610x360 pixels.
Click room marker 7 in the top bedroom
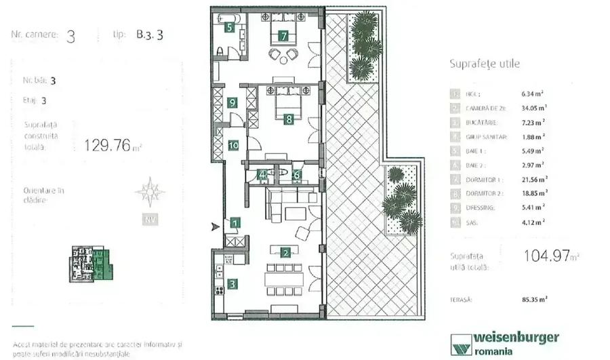(x=283, y=35)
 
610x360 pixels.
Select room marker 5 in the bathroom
(x=230, y=28)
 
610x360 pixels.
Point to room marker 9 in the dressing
(x=232, y=103)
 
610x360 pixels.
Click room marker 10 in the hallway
(x=232, y=144)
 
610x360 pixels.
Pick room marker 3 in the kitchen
(x=232, y=285)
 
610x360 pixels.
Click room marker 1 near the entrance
(x=235, y=222)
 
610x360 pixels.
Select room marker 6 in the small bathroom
(x=296, y=174)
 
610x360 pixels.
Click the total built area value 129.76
(x=106, y=144)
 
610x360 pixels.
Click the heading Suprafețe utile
(x=485, y=64)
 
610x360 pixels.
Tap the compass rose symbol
(x=149, y=192)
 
